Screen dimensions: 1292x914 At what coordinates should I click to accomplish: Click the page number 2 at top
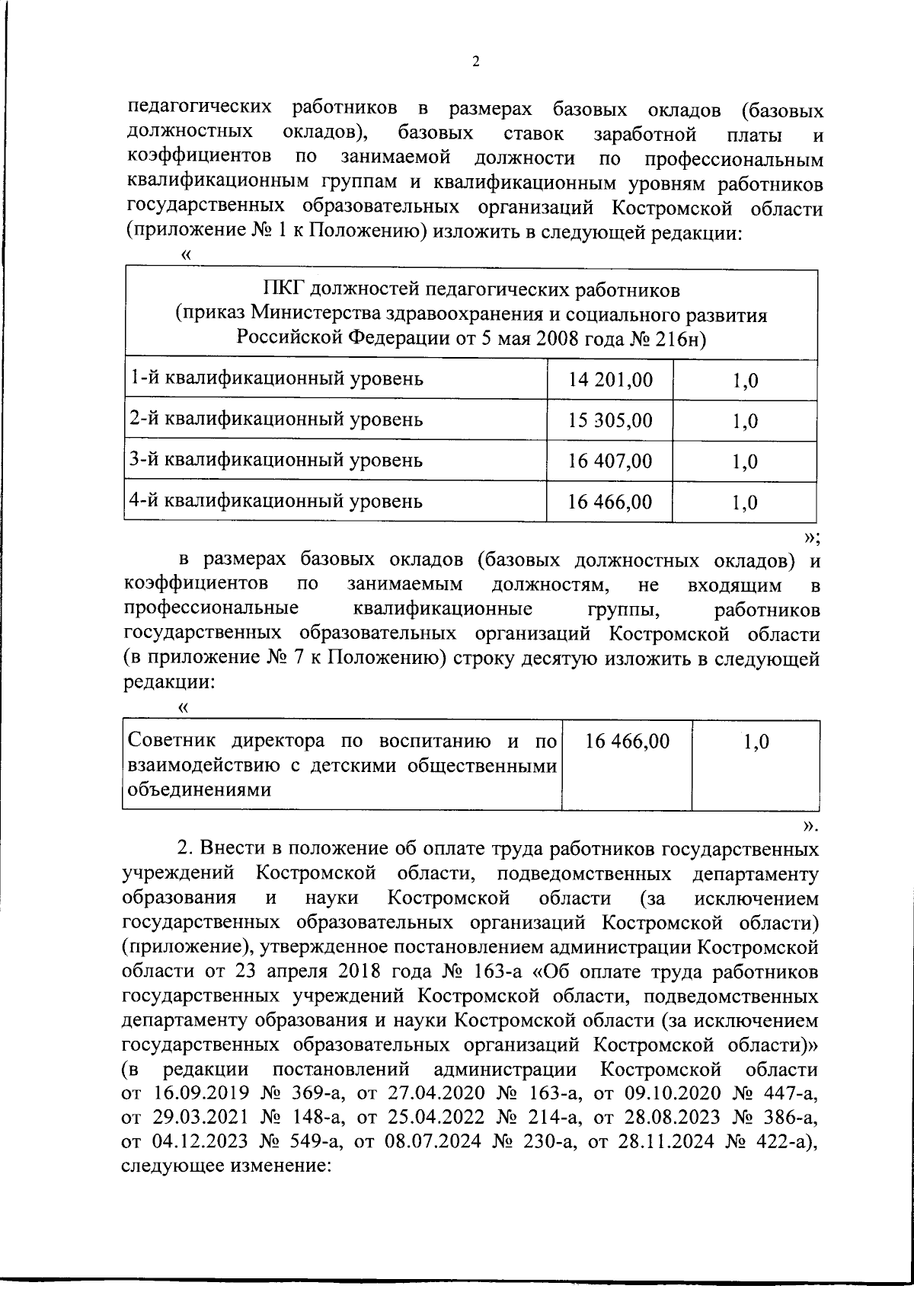click(476, 62)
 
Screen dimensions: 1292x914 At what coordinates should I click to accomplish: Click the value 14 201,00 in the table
click(610, 379)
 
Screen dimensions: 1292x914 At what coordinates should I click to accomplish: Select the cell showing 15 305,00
click(610, 420)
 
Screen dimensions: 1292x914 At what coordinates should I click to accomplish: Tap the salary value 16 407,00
click(610, 461)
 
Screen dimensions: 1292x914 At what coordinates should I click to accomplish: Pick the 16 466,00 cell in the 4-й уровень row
click(610, 502)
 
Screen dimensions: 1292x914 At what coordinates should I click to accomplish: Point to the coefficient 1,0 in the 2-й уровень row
click(744, 421)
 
